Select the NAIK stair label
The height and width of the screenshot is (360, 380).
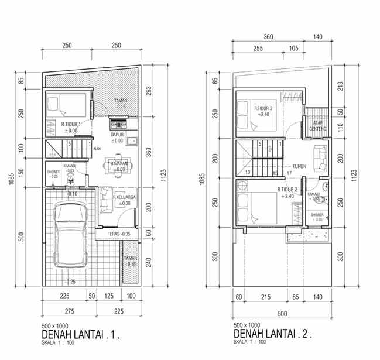point(97,149)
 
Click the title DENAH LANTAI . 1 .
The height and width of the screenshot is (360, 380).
point(82,335)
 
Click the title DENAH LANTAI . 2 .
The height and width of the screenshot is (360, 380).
point(273,335)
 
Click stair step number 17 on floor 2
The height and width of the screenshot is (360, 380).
point(290,173)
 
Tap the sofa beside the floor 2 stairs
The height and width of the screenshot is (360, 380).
point(320,155)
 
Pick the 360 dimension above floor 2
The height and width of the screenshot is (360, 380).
point(269,37)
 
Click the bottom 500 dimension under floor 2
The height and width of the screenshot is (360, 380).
point(282,313)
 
